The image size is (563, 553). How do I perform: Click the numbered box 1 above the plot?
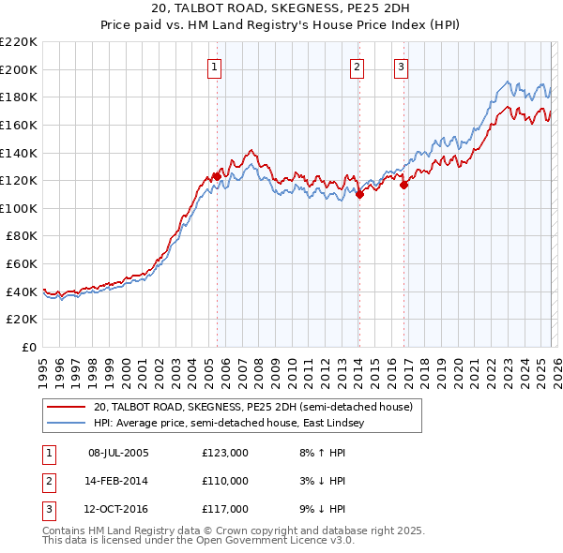pos(216,67)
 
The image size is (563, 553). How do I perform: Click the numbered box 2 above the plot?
pos(358,67)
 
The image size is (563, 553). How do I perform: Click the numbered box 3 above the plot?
pos(401,67)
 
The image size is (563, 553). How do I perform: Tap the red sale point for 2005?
pos(217,176)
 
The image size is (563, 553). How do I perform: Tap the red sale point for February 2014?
pos(359,195)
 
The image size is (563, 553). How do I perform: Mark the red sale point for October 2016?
pos(404,185)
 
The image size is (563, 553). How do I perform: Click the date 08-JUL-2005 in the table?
pos(118,453)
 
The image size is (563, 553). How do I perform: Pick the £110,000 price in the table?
pos(225,481)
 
